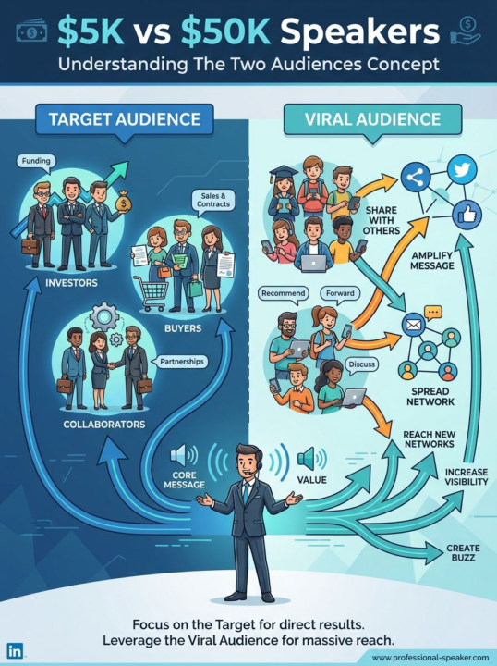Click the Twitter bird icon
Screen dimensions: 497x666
coord(462,170)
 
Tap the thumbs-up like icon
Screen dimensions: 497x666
coord(467,216)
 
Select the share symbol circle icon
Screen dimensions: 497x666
coord(416,178)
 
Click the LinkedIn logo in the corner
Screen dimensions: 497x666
coord(15,650)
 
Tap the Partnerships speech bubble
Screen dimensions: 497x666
coord(181,362)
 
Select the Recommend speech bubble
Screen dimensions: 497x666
coord(284,294)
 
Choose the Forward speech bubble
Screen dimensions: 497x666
coord(340,294)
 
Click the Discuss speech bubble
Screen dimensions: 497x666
coord(361,365)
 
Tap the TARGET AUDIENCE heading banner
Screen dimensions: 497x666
coord(124,119)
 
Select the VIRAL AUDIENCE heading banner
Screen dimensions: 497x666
coord(373,119)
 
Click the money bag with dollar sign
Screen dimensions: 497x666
coord(123,201)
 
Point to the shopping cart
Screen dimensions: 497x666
coord(151,291)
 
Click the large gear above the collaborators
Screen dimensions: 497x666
coord(104,317)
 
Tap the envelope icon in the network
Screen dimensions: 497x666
coord(413,326)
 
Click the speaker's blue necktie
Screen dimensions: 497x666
coord(246,494)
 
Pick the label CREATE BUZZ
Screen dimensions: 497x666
coord(463,552)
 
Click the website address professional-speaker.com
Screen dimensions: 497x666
coord(430,657)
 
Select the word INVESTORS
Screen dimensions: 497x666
coord(71,283)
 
